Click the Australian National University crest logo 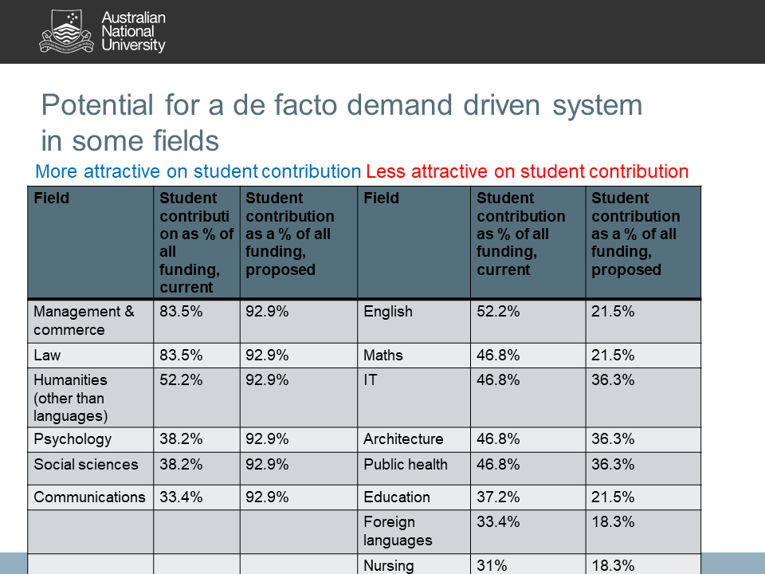coord(67,31)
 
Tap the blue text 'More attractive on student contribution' coord(198,171)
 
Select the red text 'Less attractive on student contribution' coord(527,171)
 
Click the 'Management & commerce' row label coord(84,320)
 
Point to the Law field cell coord(47,356)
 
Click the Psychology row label coord(73,439)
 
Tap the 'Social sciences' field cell coord(85,465)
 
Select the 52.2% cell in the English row coord(498,312)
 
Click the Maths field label coord(383,356)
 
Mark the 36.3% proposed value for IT coord(613,380)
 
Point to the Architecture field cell coord(403,439)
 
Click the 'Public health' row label coord(406,465)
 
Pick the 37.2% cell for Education coord(498,497)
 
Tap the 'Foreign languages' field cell coord(390,531)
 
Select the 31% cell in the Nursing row coord(491,566)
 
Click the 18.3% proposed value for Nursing coord(613,566)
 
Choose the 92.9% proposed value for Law coord(267,356)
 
